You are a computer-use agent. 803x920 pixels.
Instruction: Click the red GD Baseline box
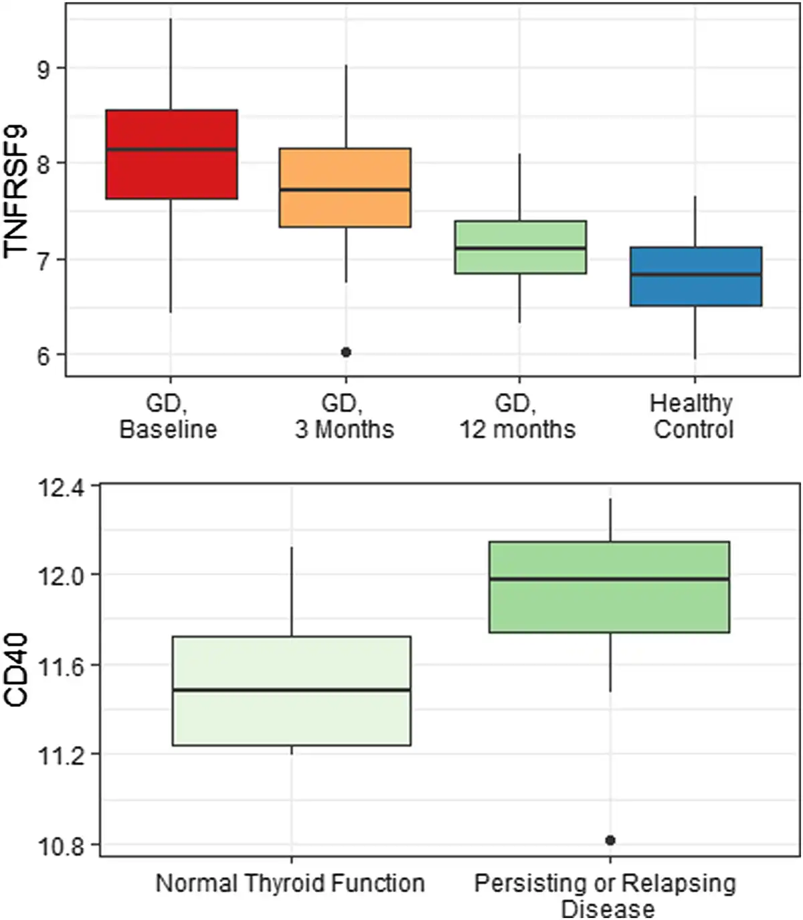171,154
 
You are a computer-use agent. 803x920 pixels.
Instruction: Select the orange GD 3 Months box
345,187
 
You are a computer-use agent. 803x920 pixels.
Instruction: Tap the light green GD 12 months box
520,247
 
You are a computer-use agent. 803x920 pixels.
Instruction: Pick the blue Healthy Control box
695,277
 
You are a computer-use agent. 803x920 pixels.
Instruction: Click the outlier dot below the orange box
346,352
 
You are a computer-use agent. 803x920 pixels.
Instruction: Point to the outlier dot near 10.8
610,840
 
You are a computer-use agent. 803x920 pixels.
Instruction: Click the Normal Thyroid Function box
291,691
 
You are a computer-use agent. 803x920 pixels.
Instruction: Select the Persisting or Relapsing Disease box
609,587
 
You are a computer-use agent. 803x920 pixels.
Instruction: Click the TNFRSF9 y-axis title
16,190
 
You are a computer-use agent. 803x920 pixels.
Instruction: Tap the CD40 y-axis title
16,670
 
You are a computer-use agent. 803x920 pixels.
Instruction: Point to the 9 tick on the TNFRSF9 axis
43,69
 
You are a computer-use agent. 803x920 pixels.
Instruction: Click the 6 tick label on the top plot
43,356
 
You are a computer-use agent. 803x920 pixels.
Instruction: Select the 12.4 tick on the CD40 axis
60,487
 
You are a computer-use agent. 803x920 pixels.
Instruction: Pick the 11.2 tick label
60,755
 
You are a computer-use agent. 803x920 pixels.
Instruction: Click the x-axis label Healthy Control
693,416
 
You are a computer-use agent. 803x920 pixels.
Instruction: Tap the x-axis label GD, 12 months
517,416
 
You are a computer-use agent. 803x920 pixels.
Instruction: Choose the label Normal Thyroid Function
290,883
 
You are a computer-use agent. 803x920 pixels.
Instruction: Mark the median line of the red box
171,149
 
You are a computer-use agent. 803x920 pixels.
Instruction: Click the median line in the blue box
695,275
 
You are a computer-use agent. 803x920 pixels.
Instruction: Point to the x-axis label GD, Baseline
168,416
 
